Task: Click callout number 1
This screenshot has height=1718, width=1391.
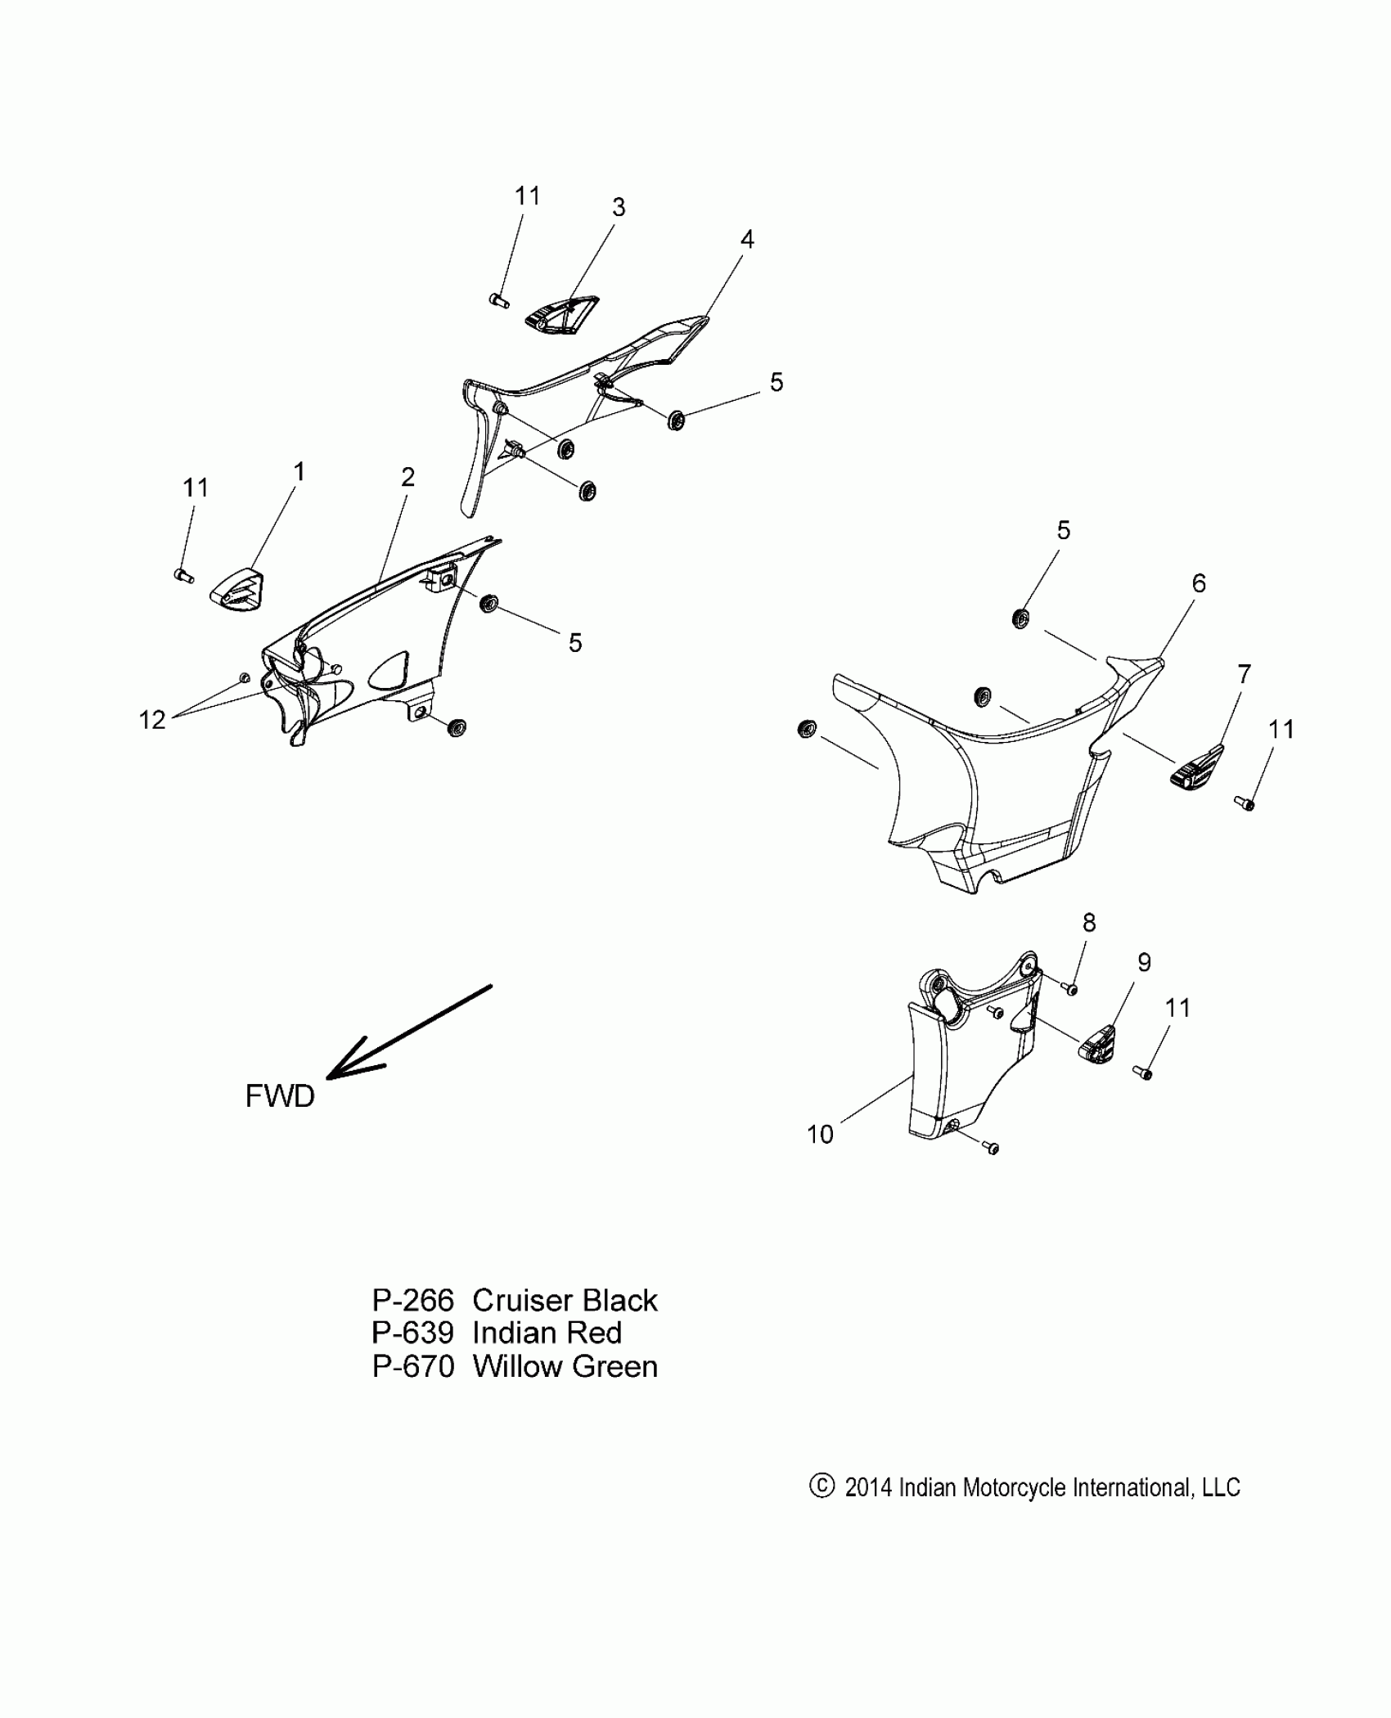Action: point(299,472)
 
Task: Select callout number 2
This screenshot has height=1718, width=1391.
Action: point(407,477)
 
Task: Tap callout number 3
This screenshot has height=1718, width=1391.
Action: point(619,208)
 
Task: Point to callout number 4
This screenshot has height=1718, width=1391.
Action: point(746,240)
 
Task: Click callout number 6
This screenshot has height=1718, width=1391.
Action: point(1199,583)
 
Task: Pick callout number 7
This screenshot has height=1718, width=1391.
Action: point(1244,674)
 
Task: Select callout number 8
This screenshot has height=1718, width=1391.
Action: point(1089,923)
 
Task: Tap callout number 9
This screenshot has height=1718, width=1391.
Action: point(1144,963)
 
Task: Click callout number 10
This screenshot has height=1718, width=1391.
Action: point(820,1134)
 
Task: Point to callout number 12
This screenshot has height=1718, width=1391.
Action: point(152,720)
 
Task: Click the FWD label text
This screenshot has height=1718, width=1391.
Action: point(280,1096)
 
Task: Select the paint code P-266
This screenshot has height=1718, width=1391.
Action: point(412,1301)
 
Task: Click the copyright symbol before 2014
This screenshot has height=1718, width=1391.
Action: point(821,1486)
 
